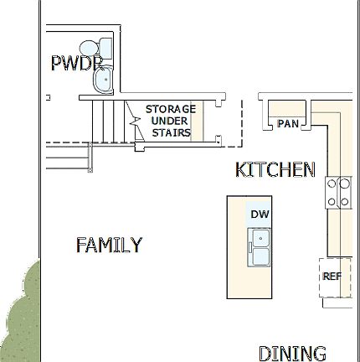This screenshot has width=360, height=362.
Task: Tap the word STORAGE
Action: click(170, 109)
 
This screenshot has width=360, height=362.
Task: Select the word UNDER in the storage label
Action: click(170, 121)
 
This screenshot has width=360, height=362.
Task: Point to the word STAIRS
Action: click(171, 132)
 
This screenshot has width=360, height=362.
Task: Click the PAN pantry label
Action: click(288, 124)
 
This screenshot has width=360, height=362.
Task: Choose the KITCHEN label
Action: click(275, 170)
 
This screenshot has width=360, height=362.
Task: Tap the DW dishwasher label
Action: click(259, 214)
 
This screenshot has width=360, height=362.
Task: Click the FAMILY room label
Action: click(109, 246)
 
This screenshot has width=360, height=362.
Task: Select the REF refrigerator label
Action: click(332, 276)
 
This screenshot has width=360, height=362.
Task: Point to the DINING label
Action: click(291, 353)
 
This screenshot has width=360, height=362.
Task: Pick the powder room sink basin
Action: click(104, 80)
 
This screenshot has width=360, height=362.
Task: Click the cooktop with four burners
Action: click(338, 193)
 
